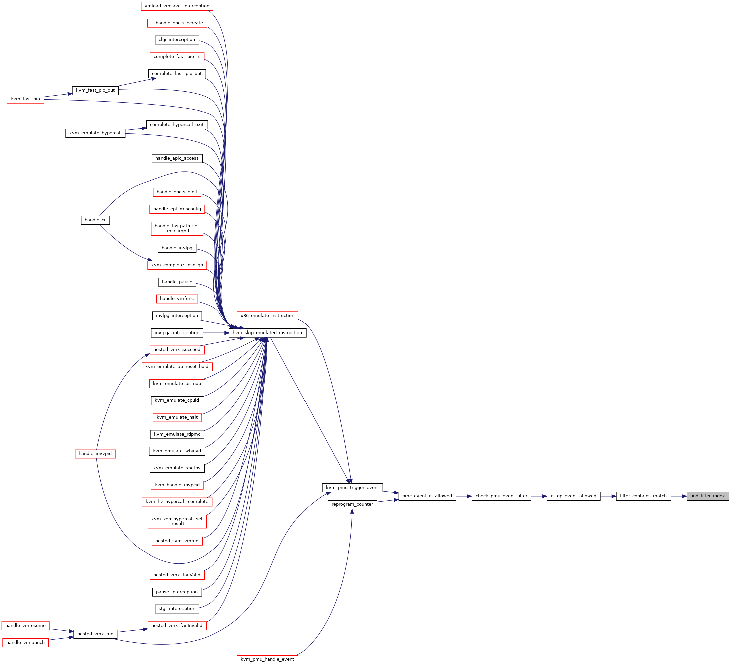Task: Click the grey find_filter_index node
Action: (x=707, y=496)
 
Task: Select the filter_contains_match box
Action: (x=643, y=496)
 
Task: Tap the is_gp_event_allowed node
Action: (x=574, y=496)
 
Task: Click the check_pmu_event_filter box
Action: (x=501, y=496)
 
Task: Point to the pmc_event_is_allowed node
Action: (x=427, y=496)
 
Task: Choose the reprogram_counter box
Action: (x=352, y=504)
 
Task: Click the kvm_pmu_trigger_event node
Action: (x=352, y=488)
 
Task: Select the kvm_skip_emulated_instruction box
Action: (x=267, y=333)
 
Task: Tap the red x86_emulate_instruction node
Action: (x=268, y=316)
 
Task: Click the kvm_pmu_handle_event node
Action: (x=268, y=659)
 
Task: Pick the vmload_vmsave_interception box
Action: (x=177, y=6)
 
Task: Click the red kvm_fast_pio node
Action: (x=25, y=99)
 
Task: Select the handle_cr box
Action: (x=95, y=220)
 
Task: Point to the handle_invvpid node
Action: (x=95, y=454)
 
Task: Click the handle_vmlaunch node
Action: (x=25, y=642)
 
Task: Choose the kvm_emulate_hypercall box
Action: (x=95, y=133)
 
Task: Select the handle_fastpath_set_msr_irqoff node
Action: (x=177, y=229)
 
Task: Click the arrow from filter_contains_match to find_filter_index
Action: (x=679, y=496)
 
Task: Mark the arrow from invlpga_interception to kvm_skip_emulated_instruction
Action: (x=216, y=333)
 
